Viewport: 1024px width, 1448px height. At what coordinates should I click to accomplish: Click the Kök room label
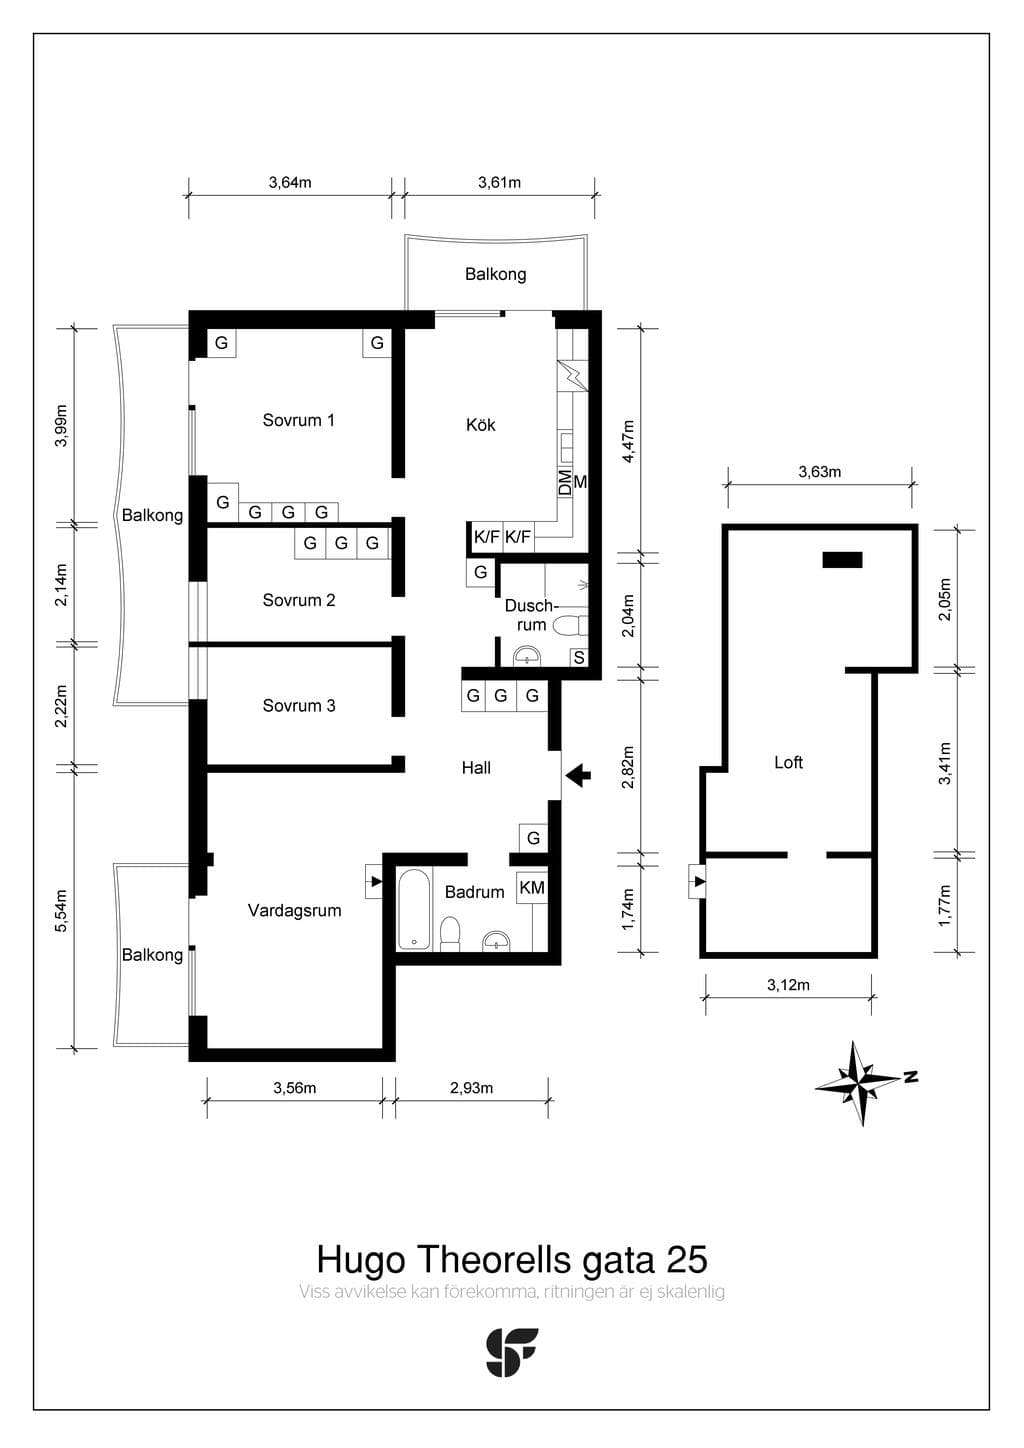tap(480, 425)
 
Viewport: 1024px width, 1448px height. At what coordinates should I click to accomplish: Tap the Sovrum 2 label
tap(299, 600)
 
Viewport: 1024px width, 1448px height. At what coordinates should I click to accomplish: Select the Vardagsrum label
tap(294, 911)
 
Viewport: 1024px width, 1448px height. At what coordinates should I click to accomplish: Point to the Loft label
tap(788, 762)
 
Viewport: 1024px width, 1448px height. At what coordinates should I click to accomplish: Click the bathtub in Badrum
tap(414, 910)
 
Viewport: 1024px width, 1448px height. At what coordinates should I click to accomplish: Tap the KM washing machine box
tap(532, 888)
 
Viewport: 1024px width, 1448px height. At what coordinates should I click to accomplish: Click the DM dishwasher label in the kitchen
tap(565, 482)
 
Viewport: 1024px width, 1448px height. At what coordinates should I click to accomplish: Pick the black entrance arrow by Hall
tap(578, 775)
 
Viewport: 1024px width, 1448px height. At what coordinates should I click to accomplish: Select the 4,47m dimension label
tap(628, 441)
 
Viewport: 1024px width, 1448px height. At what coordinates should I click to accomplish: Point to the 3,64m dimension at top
tap(290, 182)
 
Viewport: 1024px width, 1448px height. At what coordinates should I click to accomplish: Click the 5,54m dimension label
tap(61, 911)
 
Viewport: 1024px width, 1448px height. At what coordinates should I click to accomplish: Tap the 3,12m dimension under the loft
tap(788, 985)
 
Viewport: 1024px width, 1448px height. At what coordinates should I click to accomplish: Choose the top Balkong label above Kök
tap(495, 274)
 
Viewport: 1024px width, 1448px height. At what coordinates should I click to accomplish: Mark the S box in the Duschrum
tap(579, 657)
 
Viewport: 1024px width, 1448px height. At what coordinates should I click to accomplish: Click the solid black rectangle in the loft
tap(842, 559)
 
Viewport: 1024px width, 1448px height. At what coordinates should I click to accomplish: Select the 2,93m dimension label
tap(471, 1088)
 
